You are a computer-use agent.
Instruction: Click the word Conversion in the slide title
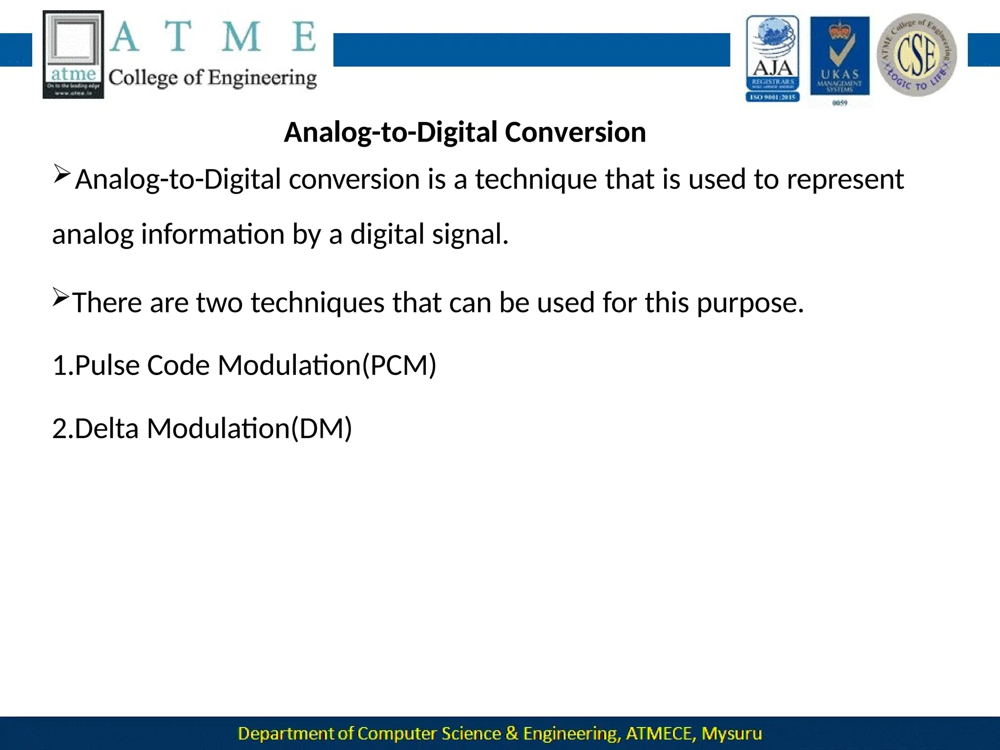575,132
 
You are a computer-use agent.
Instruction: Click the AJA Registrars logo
772,59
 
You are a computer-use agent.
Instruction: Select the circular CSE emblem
917,55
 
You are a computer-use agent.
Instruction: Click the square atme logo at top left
73,54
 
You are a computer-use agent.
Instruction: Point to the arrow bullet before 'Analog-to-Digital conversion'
62,174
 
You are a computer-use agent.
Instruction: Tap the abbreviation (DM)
321,428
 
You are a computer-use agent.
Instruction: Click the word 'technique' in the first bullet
536,179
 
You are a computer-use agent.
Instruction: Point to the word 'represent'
845,179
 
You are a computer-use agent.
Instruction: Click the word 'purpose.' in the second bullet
750,303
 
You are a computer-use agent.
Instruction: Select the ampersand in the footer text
512,733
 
